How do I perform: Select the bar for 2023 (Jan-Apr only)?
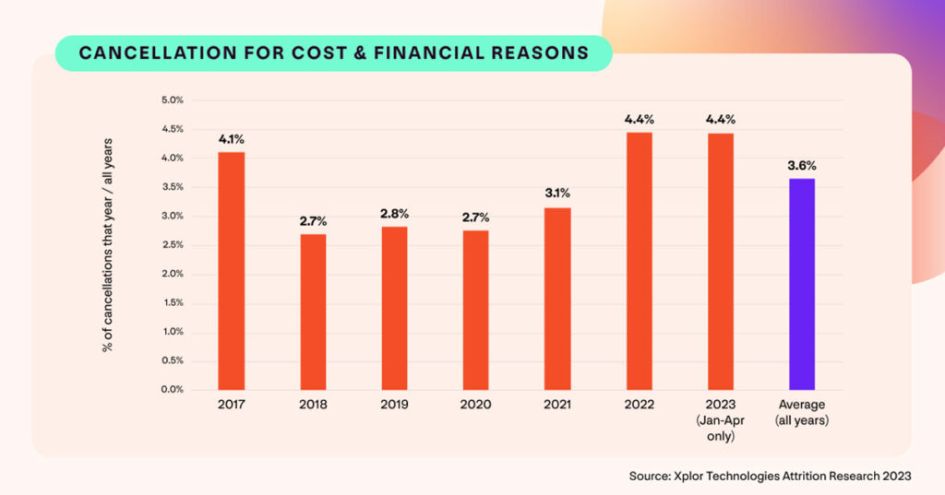click(721, 262)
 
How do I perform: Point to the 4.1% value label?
click(232, 139)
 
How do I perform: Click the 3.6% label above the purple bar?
click(802, 166)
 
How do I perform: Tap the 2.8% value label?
click(394, 214)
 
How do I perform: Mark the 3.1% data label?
click(557, 193)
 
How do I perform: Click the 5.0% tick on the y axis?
click(173, 100)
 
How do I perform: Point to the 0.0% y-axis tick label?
click(173, 390)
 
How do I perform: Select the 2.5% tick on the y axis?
click(173, 245)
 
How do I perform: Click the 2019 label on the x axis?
click(394, 405)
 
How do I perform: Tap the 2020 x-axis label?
click(476, 405)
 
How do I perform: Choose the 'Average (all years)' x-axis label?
click(802, 412)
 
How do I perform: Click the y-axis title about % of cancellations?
click(108, 244)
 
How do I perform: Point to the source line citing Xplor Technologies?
click(771, 476)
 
